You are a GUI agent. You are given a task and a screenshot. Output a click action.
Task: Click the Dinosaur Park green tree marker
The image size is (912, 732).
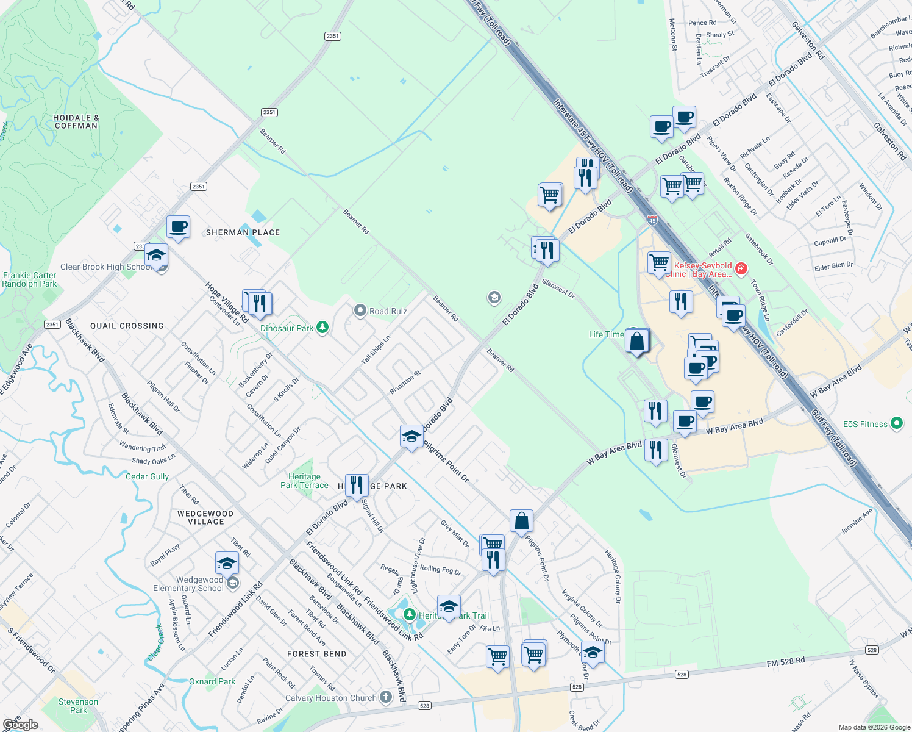click(322, 328)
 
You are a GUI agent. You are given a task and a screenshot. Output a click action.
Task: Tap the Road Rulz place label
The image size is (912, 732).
click(388, 311)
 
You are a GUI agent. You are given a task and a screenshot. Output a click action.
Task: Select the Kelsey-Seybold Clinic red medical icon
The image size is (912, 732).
click(741, 268)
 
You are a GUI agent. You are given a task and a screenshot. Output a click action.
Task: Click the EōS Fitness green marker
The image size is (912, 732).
click(896, 423)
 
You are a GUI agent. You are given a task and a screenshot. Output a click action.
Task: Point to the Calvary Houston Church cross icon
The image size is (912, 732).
click(385, 697)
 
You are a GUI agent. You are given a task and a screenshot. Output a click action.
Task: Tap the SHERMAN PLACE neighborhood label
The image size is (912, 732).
click(243, 232)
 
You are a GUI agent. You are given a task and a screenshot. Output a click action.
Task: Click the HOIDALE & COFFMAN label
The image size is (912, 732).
click(76, 121)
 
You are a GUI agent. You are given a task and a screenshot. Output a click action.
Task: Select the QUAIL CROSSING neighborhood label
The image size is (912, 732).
click(127, 326)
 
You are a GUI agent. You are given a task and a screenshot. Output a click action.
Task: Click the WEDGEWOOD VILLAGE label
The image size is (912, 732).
click(205, 517)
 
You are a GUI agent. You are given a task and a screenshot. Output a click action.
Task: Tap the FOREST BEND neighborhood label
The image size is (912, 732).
click(316, 654)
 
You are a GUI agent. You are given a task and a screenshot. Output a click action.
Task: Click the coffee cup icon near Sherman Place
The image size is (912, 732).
click(178, 228)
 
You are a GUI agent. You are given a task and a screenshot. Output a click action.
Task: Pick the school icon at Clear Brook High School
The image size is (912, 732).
click(156, 256)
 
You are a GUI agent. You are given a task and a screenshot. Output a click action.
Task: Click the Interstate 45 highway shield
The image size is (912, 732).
click(652, 220)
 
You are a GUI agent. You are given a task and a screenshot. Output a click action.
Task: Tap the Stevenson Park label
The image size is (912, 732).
click(78, 706)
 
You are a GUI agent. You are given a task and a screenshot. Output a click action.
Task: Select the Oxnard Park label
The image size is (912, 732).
click(212, 681)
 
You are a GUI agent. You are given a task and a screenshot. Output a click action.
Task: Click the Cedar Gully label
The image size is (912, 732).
click(147, 476)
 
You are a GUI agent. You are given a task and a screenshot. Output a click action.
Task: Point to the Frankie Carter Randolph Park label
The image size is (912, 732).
click(29, 279)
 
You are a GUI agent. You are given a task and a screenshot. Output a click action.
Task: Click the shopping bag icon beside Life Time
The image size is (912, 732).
click(637, 342)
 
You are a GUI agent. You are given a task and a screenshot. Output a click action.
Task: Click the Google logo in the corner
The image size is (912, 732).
click(21, 725)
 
